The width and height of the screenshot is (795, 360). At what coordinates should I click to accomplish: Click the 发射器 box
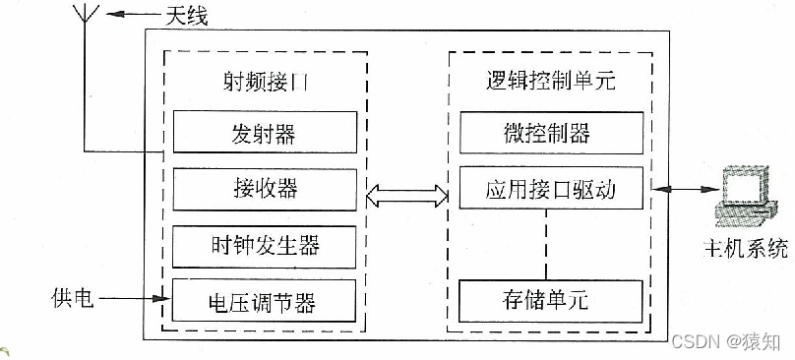tap(264, 132)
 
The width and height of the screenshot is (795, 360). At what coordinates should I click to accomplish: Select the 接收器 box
tap(264, 187)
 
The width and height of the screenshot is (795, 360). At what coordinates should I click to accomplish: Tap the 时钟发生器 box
tap(264, 243)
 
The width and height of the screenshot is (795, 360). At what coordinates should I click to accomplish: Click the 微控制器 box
tap(551, 132)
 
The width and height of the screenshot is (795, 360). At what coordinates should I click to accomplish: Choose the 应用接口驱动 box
tap(551, 187)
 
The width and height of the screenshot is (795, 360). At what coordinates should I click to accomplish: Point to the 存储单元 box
tap(551, 299)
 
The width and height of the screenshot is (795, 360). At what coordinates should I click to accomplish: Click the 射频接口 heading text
tap(264, 84)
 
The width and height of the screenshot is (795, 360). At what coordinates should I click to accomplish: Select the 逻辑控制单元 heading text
tap(551, 82)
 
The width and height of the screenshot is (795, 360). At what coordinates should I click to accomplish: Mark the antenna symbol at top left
tap(85, 30)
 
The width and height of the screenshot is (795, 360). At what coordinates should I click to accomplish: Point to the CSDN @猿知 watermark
tap(724, 340)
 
